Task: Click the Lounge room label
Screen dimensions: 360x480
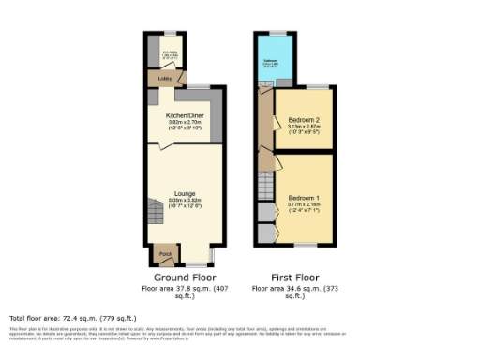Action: [185, 192]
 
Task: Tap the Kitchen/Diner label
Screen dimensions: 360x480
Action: [184, 115]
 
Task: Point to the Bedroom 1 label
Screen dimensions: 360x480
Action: [303, 198]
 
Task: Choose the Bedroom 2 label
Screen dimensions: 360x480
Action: [305, 120]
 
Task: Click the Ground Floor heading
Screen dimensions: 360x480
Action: [185, 278]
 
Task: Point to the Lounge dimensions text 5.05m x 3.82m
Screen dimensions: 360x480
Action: [185, 200]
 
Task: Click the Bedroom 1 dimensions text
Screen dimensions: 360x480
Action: [303, 205]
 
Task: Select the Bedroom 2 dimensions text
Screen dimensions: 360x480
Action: [305, 127]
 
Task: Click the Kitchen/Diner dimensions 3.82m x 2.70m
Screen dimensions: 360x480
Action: [184, 123]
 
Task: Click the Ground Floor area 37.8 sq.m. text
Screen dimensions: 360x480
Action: [185, 288]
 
